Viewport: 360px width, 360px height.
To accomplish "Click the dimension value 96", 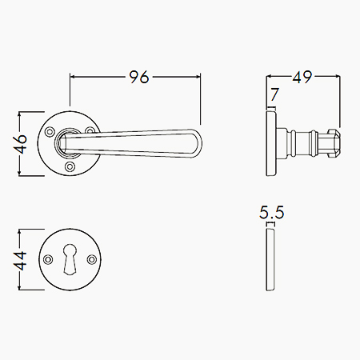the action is pyautogui.click(x=138, y=77).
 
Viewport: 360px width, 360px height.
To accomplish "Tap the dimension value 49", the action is pyautogui.click(x=302, y=77).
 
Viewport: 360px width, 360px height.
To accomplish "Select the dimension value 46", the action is pyautogui.click(x=21, y=144).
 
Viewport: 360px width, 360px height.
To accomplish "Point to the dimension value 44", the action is pyautogui.click(x=21, y=261).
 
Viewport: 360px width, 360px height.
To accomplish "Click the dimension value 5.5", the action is pyautogui.click(x=272, y=213).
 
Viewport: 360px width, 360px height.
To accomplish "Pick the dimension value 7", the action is pyautogui.click(x=274, y=94).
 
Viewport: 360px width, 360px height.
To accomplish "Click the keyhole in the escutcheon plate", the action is pyautogui.click(x=70, y=259).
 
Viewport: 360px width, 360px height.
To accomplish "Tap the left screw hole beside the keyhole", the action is pyautogui.click(x=48, y=259).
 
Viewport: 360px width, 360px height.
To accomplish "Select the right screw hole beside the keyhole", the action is pyautogui.click(x=92, y=259).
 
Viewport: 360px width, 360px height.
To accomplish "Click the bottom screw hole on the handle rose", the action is pyautogui.click(x=70, y=166).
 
